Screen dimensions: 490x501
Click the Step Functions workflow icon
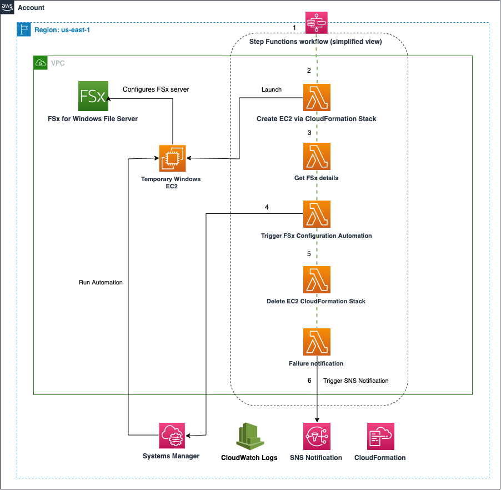(x=317, y=24)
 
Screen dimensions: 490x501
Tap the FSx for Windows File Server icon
(x=93, y=96)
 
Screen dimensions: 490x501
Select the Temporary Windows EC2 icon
(x=172, y=158)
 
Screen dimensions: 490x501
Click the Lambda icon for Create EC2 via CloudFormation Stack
(x=317, y=97)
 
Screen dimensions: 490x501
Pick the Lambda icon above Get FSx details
(x=317, y=156)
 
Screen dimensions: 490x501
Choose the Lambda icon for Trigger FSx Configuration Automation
(x=317, y=214)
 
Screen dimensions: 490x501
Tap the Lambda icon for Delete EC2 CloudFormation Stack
(x=317, y=279)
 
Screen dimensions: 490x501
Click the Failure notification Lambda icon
(x=317, y=342)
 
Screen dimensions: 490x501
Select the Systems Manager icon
(x=172, y=436)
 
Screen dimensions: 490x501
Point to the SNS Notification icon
(x=317, y=436)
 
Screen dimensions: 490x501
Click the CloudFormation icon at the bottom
(x=380, y=436)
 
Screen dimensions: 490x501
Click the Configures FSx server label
(x=156, y=89)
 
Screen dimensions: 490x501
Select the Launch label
(x=272, y=89)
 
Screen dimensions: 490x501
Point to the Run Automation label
(x=101, y=283)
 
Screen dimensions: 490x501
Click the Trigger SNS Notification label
(x=356, y=381)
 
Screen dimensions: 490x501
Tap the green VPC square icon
(x=41, y=63)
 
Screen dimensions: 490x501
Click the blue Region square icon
(x=24, y=29)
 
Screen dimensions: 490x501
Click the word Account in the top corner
(x=31, y=8)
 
